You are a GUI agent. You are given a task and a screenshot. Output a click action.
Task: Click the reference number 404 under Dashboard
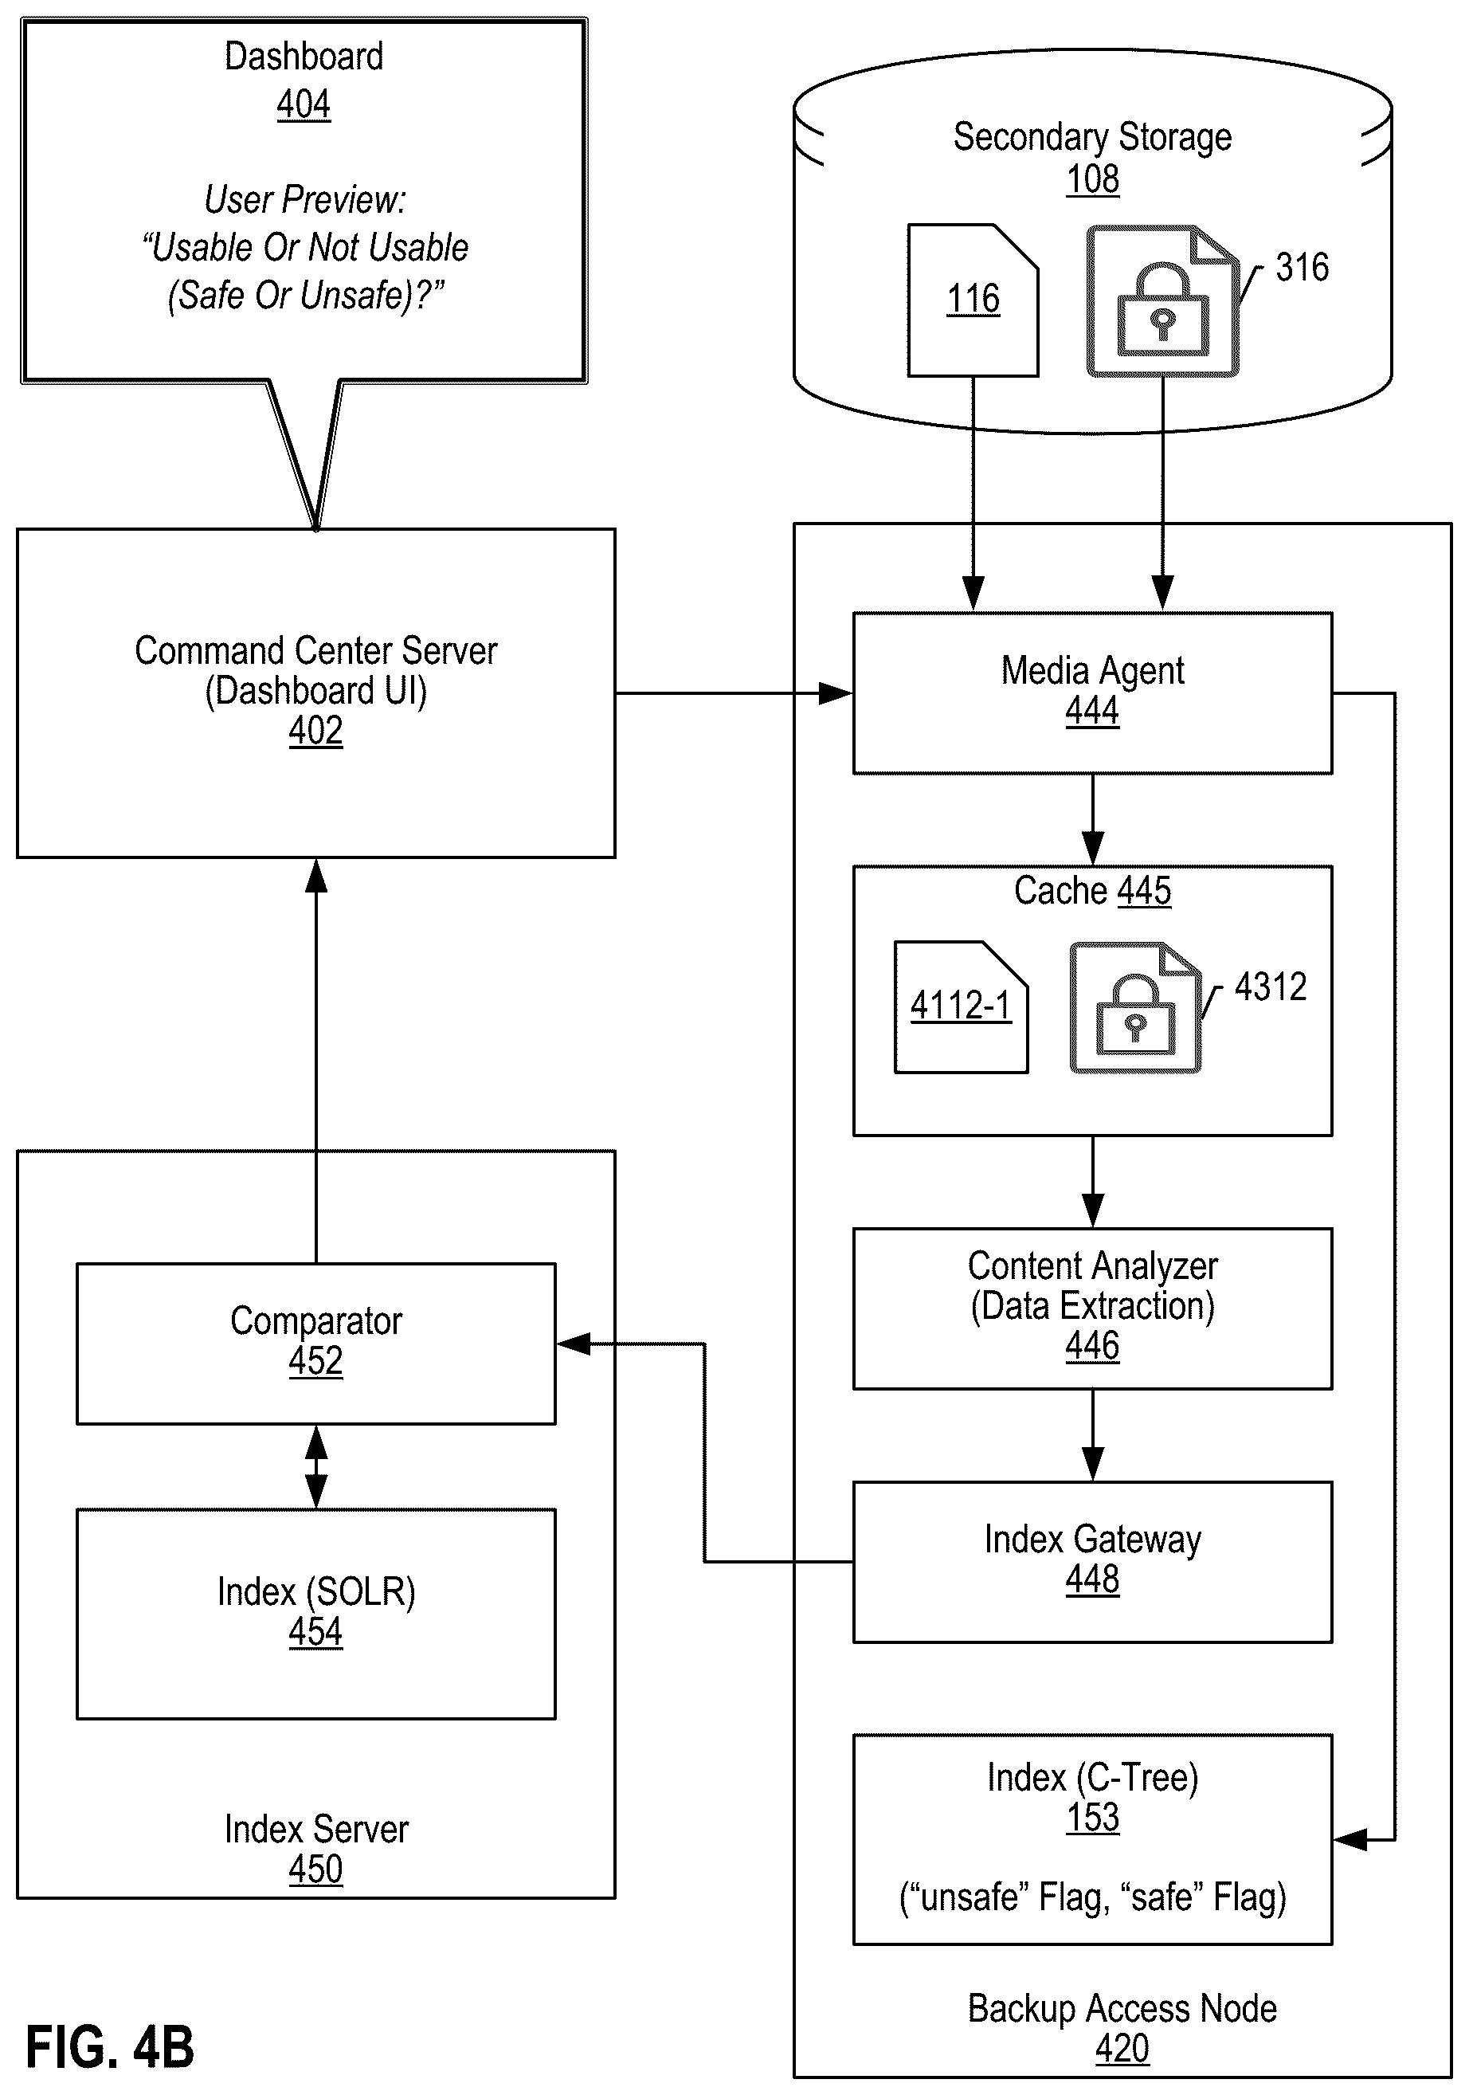pos(303,104)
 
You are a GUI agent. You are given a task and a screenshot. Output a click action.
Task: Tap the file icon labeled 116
pos(973,300)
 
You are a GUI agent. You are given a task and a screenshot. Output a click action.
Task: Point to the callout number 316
pos(1301,267)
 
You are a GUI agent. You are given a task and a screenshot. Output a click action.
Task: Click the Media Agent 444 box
pos(1091,692)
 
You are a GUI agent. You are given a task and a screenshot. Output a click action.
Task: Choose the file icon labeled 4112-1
pos(961,1006)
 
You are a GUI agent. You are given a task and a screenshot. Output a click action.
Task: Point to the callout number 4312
pos(1269,987)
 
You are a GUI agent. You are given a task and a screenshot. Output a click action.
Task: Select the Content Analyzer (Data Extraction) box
pos(1091,1308)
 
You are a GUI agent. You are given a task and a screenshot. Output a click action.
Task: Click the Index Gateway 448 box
pos(1091,1561)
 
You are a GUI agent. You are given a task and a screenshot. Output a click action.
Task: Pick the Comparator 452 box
pos(315,1342)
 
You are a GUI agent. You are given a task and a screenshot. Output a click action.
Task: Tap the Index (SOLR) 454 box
pos(315,1613)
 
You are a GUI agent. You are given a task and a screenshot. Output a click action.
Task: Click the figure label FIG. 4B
pos(109,2046)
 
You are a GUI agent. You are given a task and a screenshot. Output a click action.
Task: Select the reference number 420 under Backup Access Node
pos(1122,2049)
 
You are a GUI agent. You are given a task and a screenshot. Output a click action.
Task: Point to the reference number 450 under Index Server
pos(315,1869)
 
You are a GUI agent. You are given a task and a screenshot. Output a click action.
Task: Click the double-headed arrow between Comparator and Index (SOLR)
pos(315,1466)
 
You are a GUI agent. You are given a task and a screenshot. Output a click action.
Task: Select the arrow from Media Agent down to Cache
pos(1092,819)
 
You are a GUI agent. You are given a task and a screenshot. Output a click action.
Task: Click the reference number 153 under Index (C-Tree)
pos(1092,1817)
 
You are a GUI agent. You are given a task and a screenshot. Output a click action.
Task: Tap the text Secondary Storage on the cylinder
pos(1091,137)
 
